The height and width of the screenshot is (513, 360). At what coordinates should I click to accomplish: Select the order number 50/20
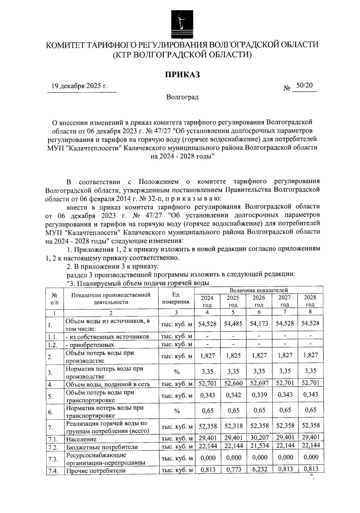(x=304, y=85)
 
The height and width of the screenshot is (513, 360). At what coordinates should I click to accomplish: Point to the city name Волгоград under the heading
(x=182, y=97)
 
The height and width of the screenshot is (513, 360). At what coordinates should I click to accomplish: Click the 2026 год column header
(x=259, y=301)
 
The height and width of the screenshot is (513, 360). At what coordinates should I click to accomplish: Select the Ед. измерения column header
(x=176, y=298)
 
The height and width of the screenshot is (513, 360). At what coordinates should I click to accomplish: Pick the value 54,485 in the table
(x=233, y=323)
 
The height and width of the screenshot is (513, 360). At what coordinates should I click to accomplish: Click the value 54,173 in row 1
(x=259, y=323)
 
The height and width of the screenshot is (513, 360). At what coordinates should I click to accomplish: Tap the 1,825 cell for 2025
(x=233, y=355)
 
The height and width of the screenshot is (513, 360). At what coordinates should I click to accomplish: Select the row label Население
(x=81, y=439)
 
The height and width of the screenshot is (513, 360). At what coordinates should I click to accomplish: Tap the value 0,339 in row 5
(x=259, y=395)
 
